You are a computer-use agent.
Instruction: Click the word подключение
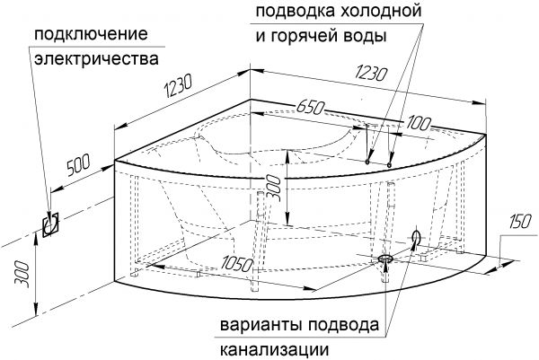pos(91,34)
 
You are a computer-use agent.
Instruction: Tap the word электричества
pos(97,59)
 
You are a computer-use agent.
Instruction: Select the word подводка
pos(296,11)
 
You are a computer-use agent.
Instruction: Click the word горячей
pos(309,36)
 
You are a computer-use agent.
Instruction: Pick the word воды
pos(369,36)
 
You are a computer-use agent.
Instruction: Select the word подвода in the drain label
pos(343,325)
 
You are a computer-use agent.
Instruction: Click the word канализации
pos(274,350)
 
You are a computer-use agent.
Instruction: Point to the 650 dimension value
pos(310,108)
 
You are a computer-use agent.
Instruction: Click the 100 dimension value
pos(418,123)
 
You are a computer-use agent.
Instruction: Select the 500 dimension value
pos(78,165)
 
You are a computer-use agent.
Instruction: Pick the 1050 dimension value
pos(236,265)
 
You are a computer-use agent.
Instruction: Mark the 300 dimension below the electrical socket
pos(22,275)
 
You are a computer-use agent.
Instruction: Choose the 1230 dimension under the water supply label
pos(372,73)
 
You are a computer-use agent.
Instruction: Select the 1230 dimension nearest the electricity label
pos(178,85)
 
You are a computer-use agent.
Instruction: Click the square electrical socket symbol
pos(50,224)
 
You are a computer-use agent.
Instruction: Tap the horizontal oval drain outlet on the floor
pos(385,258)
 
